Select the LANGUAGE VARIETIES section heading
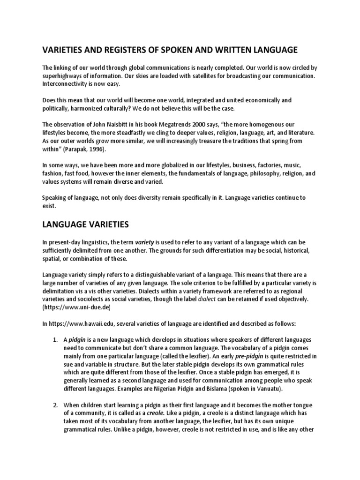[85, 225]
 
